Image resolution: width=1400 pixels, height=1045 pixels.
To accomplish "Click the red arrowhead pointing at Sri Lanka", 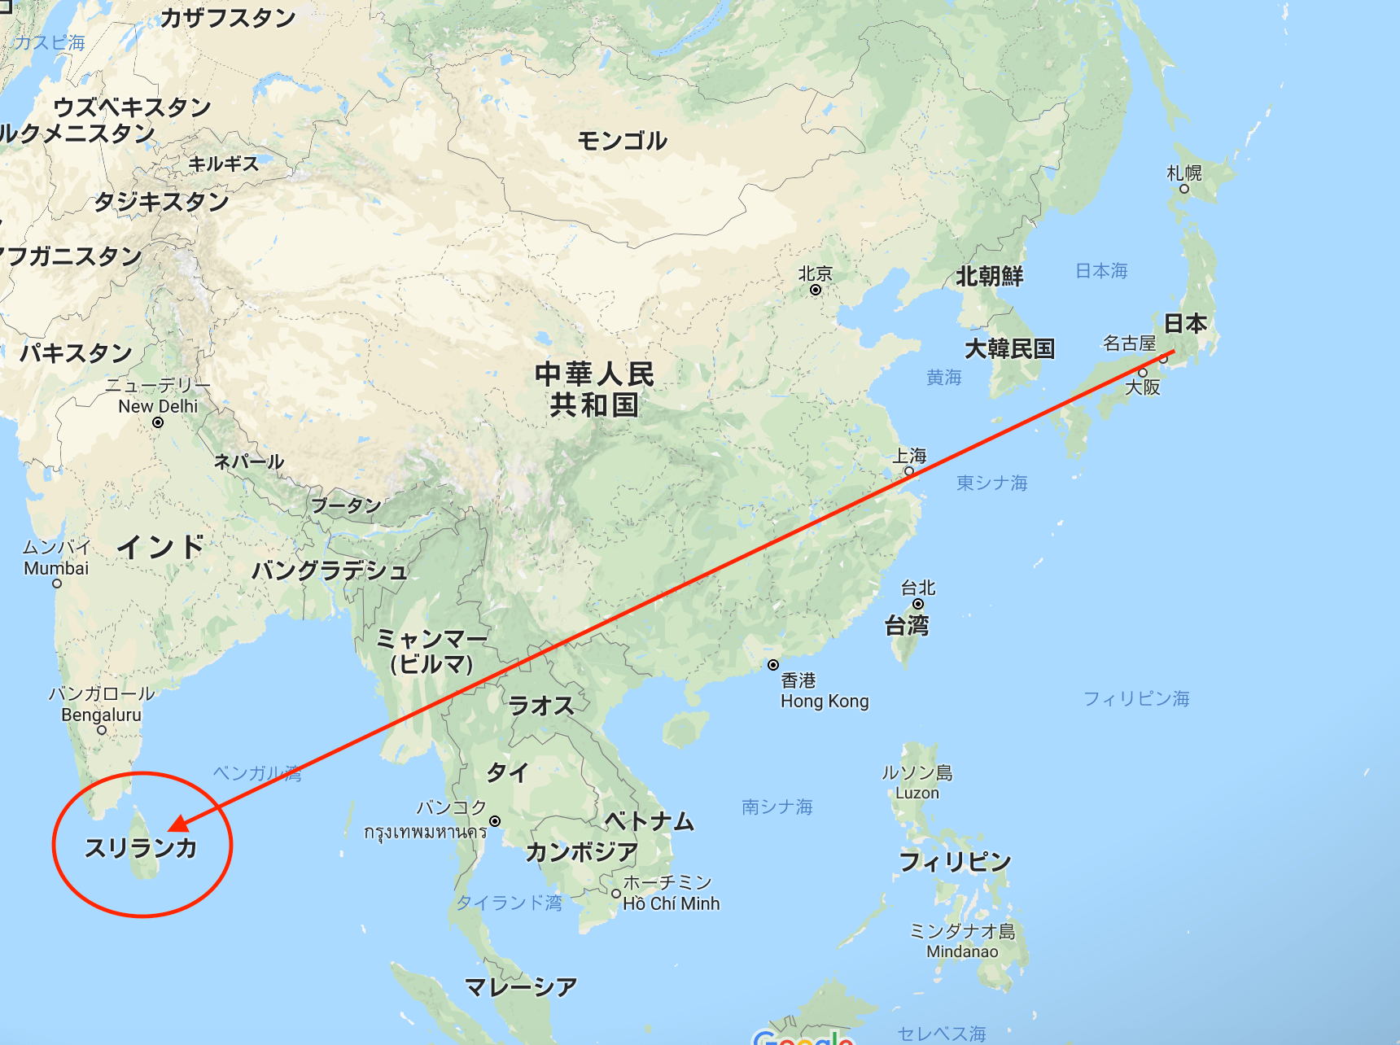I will click(x=178, y=824).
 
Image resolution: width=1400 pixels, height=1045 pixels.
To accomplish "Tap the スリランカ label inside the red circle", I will click(x=142, y=848).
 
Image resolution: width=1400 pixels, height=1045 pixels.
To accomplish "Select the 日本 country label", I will click(x=1185, y=323).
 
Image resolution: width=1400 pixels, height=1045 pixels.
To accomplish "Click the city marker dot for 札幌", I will click(x=1184, y=189).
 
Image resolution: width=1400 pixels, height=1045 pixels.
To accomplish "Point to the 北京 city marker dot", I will click(x=815, y=290).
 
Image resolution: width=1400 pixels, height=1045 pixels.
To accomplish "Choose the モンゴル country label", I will click(x=623, y=141).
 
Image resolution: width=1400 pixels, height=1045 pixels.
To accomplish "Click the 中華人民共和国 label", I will click(x=594, y=389).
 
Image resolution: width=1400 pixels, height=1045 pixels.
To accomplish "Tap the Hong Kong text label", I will click(x=825, y=702).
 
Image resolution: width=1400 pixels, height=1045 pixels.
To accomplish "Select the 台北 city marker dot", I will click(x=918, y=604).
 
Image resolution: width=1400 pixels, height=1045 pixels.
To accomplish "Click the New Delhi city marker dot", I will click(x=158, y=422).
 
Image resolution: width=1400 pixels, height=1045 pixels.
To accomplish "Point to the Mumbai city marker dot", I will click(x=57, y=584).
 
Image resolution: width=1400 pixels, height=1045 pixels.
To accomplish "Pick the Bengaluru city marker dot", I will click(x=102, y=730).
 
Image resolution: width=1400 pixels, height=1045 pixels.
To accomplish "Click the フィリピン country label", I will click(x=955, y=861).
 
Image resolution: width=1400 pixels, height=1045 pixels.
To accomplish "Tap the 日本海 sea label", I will click(x=1101, y=271).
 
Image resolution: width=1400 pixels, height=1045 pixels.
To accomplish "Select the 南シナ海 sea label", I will click(x=777, y=807).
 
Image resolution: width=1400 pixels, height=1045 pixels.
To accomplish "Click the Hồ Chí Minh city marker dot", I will click(x=616, y=894).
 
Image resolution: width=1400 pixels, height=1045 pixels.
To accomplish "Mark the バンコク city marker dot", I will click(x=495, y=821).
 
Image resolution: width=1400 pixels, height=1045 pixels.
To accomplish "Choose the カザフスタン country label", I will click(x=228, y=18).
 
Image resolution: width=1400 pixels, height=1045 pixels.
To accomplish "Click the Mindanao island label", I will click(x=962, y=951).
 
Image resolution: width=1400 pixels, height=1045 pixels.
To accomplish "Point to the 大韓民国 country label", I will click(x=1009, y=349).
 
